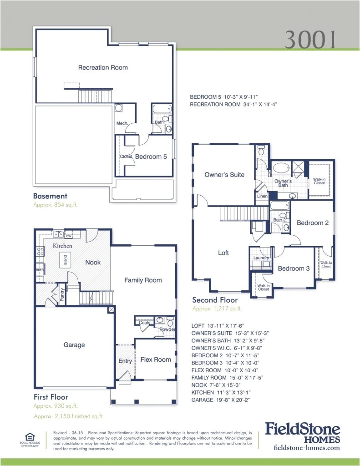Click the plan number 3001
311,40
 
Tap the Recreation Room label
103,68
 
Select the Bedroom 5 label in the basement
151,157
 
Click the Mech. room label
122,124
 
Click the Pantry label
62,295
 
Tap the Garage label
74,345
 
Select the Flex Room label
156,360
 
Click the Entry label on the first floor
125,361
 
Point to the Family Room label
143,280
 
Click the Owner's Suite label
224,175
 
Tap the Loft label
223,253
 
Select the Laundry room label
261,258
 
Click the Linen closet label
262,196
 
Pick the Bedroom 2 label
313,223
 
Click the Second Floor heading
215,300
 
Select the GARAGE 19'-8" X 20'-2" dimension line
221,400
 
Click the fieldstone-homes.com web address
307,448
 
